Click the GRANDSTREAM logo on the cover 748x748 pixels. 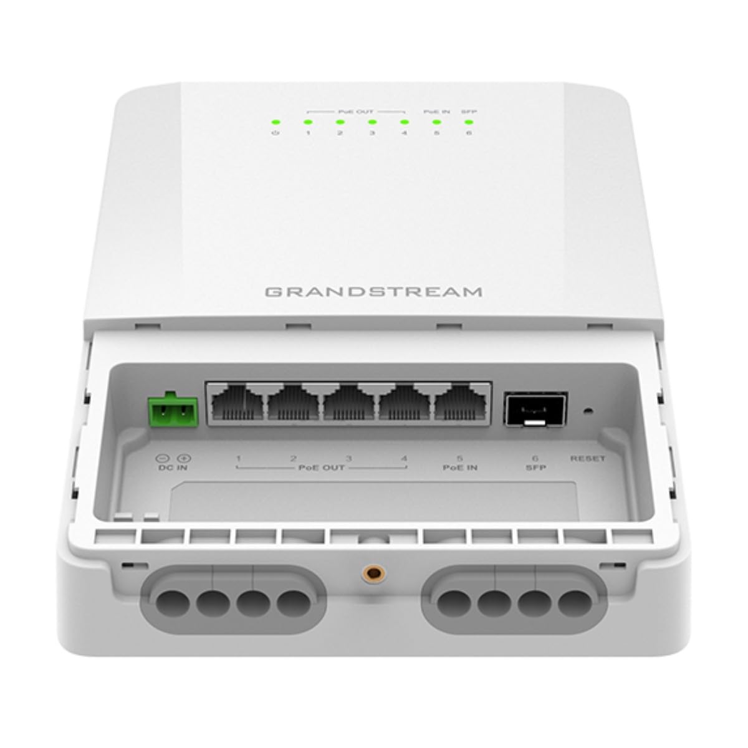point(374,292)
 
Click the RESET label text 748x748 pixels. point(587,459)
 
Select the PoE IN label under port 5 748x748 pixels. point(460,467)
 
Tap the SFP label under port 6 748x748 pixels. point(534,467)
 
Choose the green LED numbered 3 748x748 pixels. point(372,122)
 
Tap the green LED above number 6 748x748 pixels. point(468,122)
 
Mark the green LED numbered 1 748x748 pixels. point(307,122)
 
